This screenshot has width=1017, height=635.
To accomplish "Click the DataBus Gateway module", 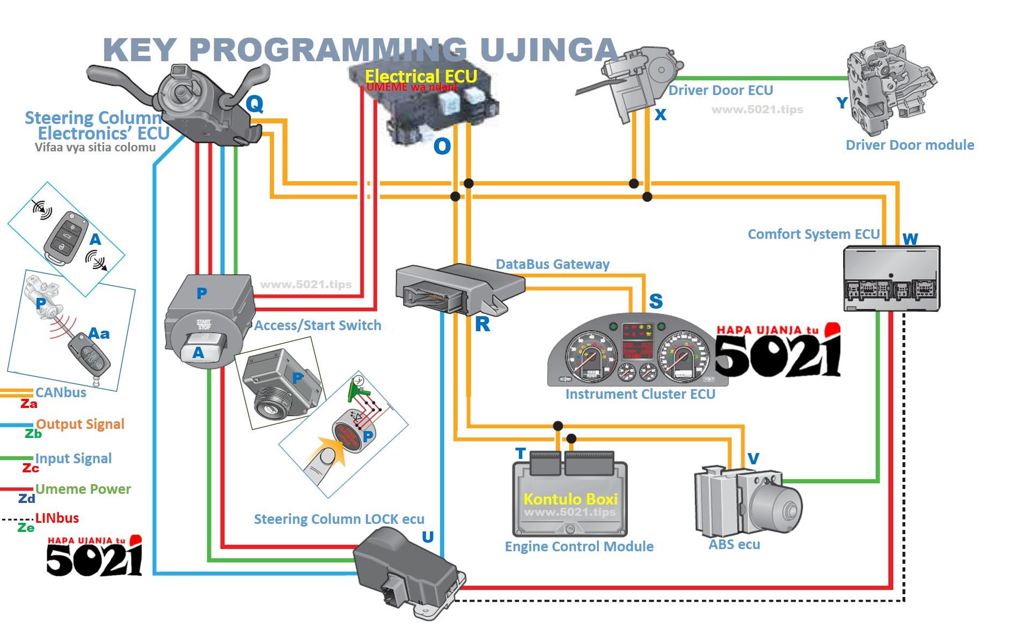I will (x=456, y=287).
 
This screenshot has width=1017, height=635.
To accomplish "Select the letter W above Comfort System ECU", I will (x=910, y=239).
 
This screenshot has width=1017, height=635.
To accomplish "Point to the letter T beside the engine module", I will (x=520, y=454).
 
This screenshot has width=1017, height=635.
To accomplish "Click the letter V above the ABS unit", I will (x=753, y=458).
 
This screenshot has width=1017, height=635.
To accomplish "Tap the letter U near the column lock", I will (x=428, y=537).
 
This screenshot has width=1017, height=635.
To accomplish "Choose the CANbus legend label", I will (x=61, y=392).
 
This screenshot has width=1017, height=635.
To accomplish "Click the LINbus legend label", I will (x=57, y=518).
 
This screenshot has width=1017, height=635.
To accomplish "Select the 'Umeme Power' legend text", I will (x=83, y=489).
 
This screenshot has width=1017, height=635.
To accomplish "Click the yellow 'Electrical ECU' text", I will (x=421, y=76).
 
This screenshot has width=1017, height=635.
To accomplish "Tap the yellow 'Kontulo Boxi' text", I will (x=570, y=499).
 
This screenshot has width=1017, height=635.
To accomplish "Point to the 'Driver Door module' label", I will (x=910, y=145).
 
